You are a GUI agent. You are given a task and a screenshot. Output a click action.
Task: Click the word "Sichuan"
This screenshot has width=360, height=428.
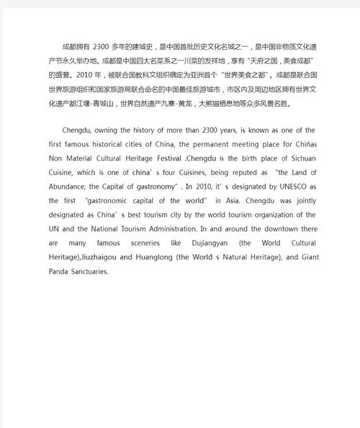tap(297, 159)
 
